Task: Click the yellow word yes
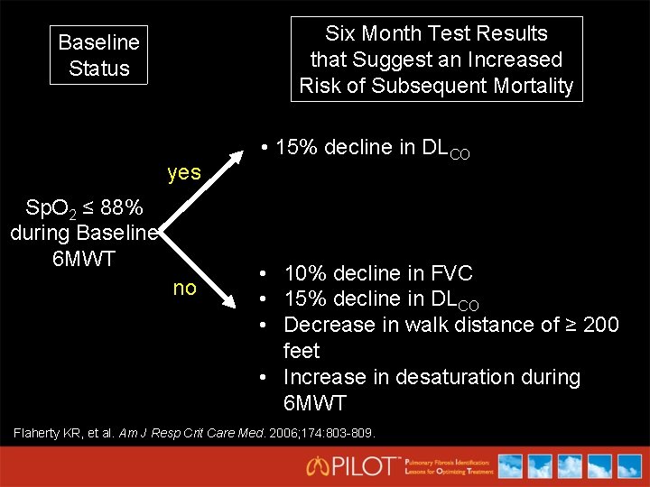(x=184, y=172)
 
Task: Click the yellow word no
(x=184, y=289)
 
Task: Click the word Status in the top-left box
(x=99, y=69)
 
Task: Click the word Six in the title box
(x=341, y=34)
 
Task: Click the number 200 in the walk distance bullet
(x=601, y=325)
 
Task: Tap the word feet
(x=302, y=351)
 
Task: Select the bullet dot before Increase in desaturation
(x=260, y=377)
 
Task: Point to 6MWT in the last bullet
(x=314, y=403)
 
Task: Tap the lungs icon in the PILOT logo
(x=319, y=466)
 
